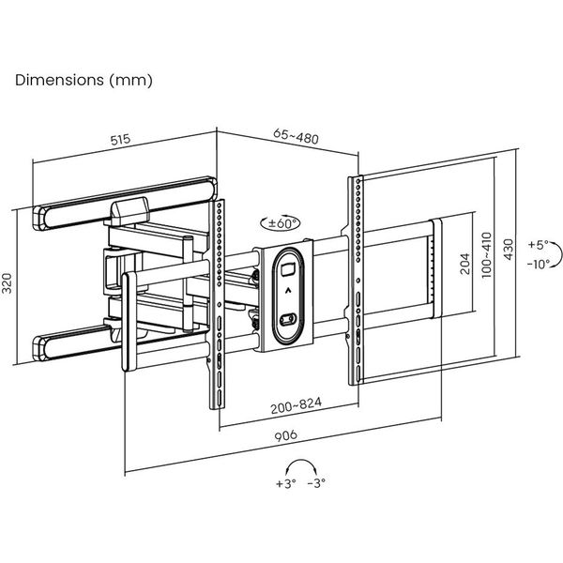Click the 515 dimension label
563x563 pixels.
click(119, 140)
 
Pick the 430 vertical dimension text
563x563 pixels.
click(509, 248)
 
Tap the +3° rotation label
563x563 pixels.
click(286, 484)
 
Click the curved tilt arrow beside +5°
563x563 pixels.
click(555, 251)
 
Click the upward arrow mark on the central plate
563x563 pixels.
click(287, 291)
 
